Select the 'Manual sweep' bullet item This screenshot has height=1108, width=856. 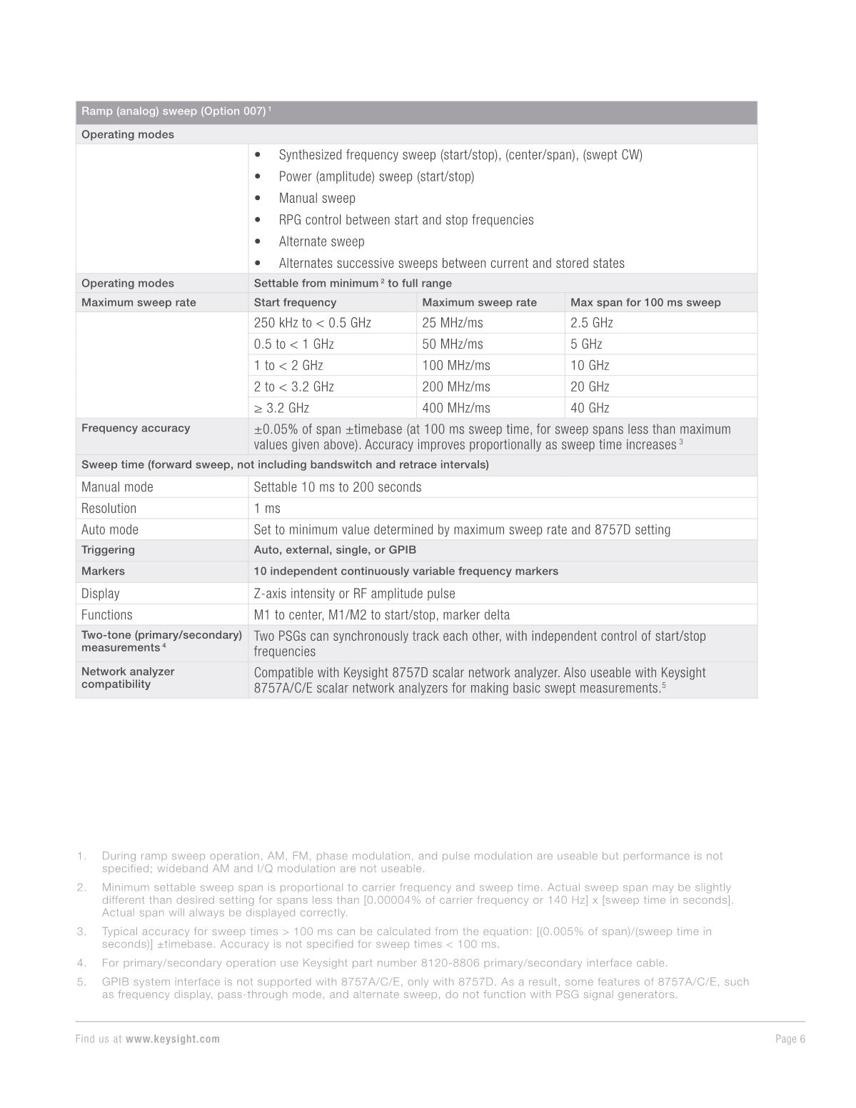316,199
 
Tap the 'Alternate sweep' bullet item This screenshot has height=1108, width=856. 321,241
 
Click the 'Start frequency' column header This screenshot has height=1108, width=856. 295,302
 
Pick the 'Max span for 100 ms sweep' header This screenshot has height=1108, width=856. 645,302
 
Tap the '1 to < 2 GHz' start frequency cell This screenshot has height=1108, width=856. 288,365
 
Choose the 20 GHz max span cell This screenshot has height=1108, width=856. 590,386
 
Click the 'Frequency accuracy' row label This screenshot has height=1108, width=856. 136,428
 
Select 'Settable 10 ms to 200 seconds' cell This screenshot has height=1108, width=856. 337,487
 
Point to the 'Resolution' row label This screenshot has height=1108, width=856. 109,509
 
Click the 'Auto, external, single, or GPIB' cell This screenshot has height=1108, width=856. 335,550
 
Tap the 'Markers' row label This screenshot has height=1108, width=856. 103,572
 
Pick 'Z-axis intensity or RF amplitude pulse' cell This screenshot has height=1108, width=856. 354,594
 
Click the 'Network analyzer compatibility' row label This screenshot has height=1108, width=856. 128,678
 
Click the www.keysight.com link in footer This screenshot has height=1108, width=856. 173,1039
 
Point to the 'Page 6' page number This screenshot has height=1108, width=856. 790,1039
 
